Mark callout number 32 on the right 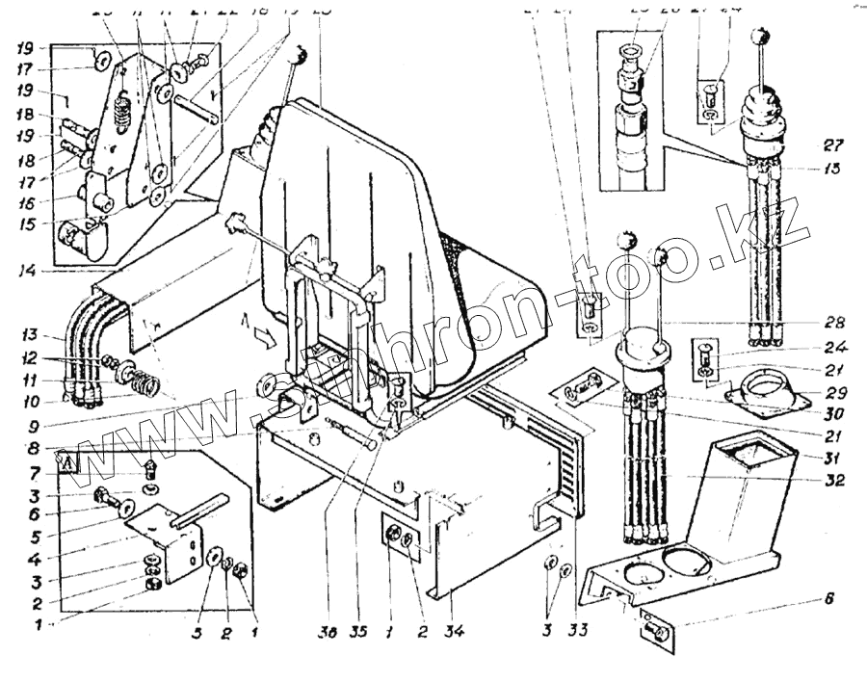834,480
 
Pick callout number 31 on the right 834,456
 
